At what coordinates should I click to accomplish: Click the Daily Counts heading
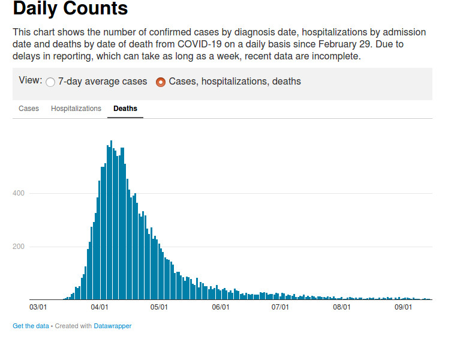click(x=70, y=9)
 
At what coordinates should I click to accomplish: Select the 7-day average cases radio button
click(x=50, y=82)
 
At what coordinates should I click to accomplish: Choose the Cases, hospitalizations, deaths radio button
click(x=161, y=82)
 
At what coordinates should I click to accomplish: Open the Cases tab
click(x=29, y=109)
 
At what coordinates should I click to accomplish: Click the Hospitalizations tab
click(x=76, y=109)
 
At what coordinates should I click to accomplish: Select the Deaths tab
click(x=125, y=109)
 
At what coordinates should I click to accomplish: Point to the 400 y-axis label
click(x=17, y=193)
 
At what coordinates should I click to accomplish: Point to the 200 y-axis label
click(x=17, y=247)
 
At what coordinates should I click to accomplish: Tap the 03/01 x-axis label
click(x=38, y=307)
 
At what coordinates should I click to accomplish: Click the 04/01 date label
click(x=99, y=307)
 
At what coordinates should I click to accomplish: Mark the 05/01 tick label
click(x=159, y=307)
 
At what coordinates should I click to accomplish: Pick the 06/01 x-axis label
click(x=221, y=307)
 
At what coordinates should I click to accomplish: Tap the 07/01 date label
click(x=280, y=307)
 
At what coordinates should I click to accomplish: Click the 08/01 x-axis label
click(x=341, y=307)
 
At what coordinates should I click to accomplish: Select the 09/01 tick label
click(x=402, y=307)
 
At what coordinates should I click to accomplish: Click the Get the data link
click(x=31, y=326)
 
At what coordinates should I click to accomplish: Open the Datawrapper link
click(x=113, y=326)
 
